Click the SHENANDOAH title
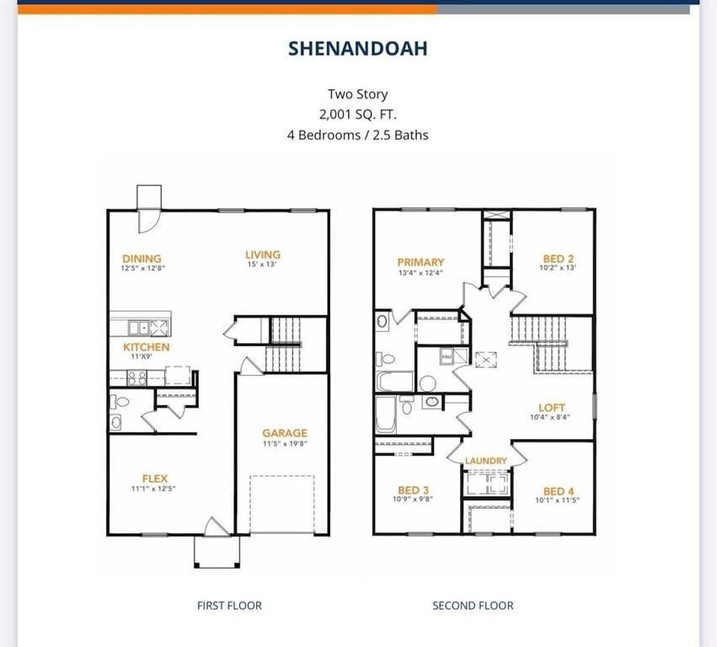(x=358, y=48)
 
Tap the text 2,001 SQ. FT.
(x=358, y=115)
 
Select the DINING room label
(x=142, y=259)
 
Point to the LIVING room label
(x=263, y=254)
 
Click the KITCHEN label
(x=147, y=347)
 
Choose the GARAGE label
(x=285, y=433)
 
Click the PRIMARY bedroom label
(x=420, y=262)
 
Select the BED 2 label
(x=559, y=258)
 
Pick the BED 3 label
(x=414, y=490)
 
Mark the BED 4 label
(x=559, y=491)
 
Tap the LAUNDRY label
(x=486, y=461)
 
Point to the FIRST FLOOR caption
(x=229, y=605)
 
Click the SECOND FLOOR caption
(x=473, y=605)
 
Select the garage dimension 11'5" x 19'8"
(x=285, y=443)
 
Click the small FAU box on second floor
(x=447, y=356)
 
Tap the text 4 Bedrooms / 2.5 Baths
(x=358, y=135)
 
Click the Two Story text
(x=358, y=94)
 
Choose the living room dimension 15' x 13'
(x=263, y=265)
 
